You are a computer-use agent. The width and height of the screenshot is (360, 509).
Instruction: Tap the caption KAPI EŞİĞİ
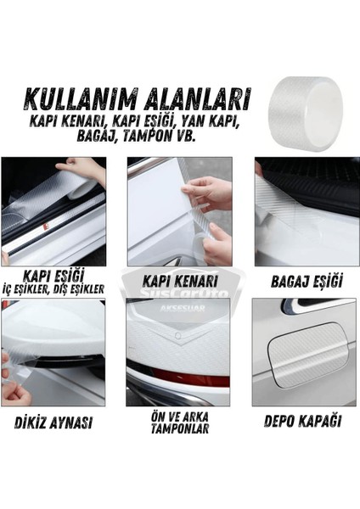[53, 277]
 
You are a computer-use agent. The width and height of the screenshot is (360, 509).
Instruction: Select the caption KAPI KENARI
[179, 279]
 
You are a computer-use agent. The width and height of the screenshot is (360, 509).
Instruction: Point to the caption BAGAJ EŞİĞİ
[306, 279]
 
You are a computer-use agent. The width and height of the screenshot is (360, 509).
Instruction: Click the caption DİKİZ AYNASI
[53, 422]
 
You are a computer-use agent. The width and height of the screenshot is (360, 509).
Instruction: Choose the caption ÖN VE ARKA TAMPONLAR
[179, 422]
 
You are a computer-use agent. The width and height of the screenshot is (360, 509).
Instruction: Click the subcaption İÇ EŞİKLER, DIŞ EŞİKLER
[53, 289]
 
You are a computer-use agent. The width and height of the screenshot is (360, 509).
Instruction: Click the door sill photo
[53, 211]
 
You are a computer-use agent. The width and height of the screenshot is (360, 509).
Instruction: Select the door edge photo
[179, 211]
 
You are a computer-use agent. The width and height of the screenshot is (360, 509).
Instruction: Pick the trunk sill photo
[306, 211]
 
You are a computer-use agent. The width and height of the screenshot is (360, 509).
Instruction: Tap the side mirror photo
[53, 352]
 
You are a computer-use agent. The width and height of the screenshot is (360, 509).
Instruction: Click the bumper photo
[179, 352]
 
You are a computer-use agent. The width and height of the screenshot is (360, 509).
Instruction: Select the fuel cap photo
[306, 352]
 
